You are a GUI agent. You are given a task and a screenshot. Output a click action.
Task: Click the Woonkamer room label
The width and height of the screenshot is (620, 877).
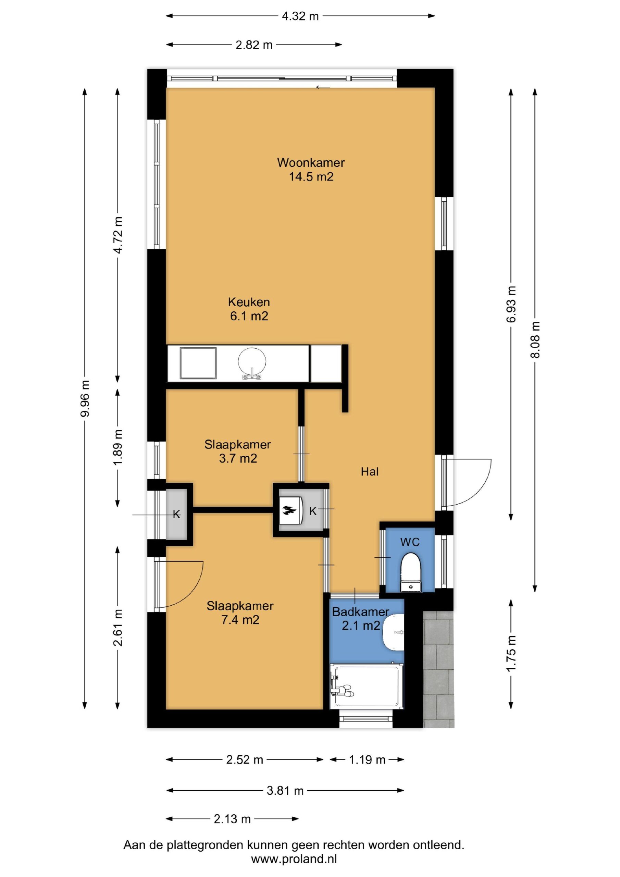(311, 163)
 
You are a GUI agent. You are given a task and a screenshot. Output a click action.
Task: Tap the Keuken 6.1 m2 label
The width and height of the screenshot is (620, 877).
(249, 309)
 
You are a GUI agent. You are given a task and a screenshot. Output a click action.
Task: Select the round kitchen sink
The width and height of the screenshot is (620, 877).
(252, 361)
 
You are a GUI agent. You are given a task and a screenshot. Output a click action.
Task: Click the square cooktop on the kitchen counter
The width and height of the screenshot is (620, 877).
(198, 363)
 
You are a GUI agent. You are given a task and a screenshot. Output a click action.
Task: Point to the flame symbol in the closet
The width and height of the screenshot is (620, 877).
(289, 510)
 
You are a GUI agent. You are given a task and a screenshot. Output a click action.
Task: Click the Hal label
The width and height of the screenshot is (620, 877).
(369, 472)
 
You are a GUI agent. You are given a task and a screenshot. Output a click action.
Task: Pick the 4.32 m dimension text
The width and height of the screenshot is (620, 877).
(300, 16)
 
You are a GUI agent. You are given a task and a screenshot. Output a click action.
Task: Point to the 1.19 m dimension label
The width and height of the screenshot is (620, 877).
(367, 760)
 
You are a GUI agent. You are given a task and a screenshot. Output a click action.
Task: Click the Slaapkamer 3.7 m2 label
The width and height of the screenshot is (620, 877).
(238, 451)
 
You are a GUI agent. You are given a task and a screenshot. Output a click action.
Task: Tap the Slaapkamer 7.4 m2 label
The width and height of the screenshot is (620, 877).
(240, 613)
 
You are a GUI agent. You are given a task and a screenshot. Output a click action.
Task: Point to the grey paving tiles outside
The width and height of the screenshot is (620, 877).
(438, 668)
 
